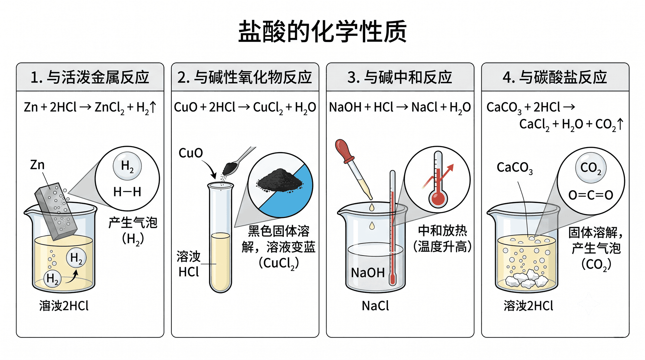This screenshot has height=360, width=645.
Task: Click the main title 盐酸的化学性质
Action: coord(322,32)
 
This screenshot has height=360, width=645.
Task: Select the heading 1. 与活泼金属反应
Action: coord(90,77)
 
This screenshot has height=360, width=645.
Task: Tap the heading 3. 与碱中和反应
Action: coord(400,77)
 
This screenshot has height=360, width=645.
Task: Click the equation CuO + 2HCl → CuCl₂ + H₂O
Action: coord(245,108)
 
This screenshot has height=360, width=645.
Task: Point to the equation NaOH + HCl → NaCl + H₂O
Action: coord(400,108)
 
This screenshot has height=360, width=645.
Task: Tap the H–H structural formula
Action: coord(127,192)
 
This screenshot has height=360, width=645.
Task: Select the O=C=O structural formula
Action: coord(591,195)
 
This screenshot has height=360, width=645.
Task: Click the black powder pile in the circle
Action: coord(279,180)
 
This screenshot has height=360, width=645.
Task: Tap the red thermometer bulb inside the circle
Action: coord(438,198)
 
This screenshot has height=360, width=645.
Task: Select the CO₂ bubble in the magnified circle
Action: coord(591,168)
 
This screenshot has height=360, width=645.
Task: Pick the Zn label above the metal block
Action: coord(37,165)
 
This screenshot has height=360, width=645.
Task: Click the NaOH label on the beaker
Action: coord(368,273)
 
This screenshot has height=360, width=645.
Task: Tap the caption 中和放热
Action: coord(442,231)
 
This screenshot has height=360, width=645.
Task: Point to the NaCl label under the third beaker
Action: coord(375,306)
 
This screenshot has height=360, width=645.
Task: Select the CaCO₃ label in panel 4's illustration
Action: coord(515,168)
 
